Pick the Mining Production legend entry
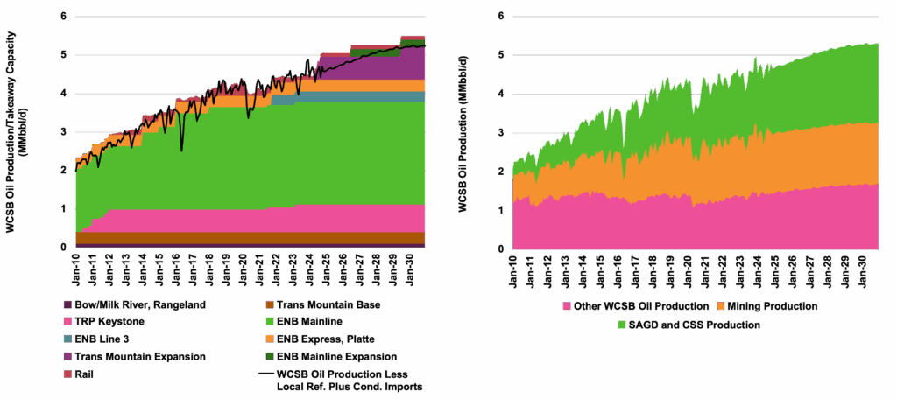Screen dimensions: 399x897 click(767, 307)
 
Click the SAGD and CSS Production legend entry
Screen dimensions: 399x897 click(690, 325)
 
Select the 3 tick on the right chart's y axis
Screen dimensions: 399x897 click(499, 131)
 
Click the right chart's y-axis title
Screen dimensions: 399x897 click(462, 131)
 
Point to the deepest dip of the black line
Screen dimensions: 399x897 click(182, 150)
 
